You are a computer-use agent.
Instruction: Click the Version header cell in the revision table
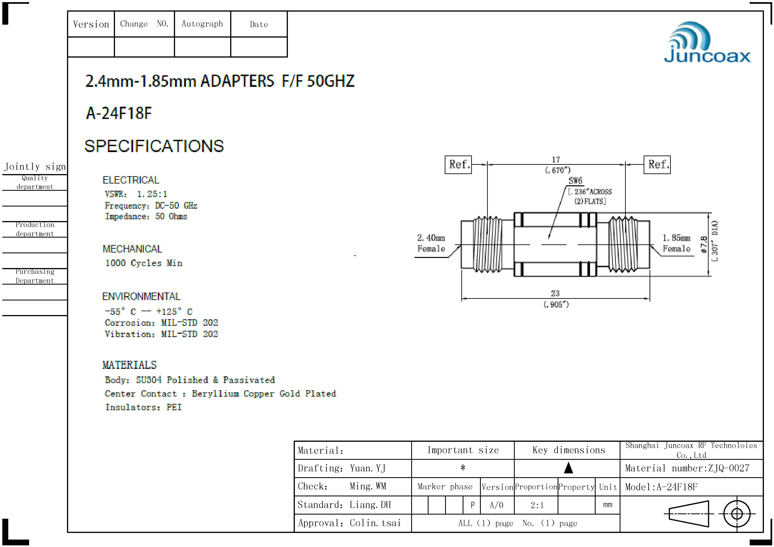coord(91,24)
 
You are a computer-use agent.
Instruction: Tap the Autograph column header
coord(202,24)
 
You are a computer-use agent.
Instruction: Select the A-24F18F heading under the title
coord(119,113)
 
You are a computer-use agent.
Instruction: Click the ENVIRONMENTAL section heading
coord(141,297)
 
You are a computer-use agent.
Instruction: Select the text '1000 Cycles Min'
coord(144,263)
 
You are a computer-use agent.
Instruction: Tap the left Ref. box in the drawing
coord(458,165)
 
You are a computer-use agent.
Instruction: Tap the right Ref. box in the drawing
coord(657,165)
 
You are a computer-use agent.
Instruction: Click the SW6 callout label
coord(575,181)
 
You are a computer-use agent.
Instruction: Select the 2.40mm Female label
coord(431,243)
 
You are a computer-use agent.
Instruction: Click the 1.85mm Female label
coord(676,243)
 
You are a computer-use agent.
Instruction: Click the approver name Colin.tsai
coord(375,523)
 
